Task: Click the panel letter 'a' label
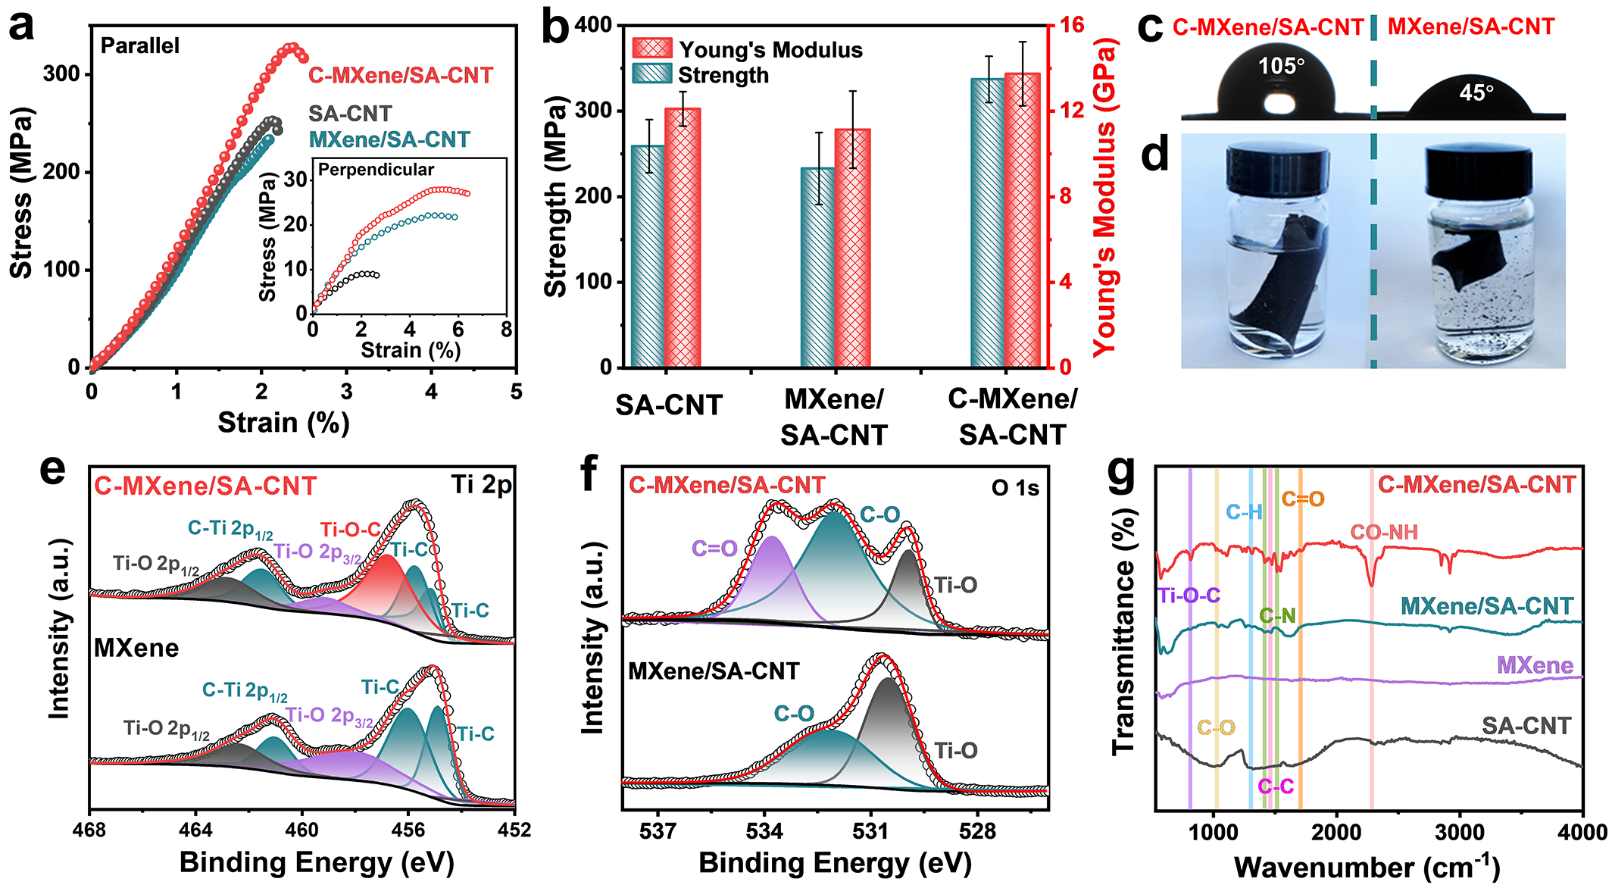[x=22, y=26]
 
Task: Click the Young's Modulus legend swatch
[x=651, y=48]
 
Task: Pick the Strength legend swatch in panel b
[x=651, y=74]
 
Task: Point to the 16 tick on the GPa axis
[x=1072, y=25]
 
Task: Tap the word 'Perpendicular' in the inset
[x=376, y=170]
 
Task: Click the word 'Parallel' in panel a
[x=140, y=46]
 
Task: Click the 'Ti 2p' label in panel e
[x=481, y=484]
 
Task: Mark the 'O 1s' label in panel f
[x=1015, y=488]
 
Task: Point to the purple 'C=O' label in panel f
[x=714, y=549]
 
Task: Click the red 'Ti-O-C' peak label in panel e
[x=350, y=530]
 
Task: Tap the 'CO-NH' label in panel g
[x=1384, y=533]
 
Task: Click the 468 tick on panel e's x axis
[x=89, y=830]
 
